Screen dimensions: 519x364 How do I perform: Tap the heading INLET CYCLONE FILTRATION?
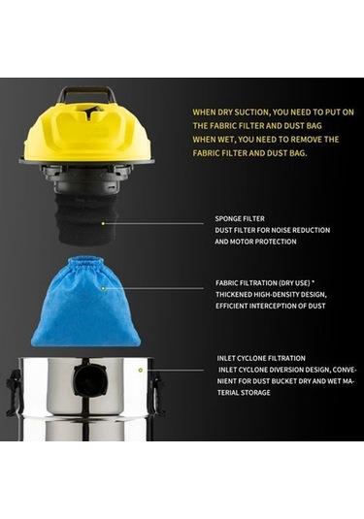(261, 358)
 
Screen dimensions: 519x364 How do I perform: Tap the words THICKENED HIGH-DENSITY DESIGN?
(270, 294)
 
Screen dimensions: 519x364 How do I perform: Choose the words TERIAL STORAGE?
(245, 392)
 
